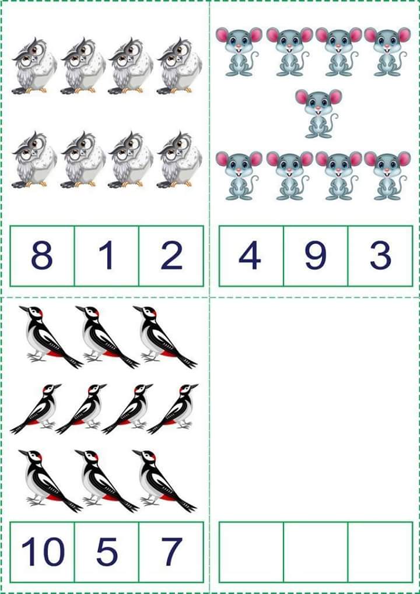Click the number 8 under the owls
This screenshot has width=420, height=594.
pyautogui.click(x=42, y=256)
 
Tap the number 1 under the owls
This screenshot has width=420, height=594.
pyautogui.click(x=106, y=256)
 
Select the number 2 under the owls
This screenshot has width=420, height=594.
pyautogui.click(x=171, y=256)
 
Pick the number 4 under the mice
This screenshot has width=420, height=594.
pyautogui.click(x=250, y=256)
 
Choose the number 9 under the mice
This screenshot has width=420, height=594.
pyautogui.click(x=315, y=256)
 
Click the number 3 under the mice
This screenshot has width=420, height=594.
pyautogui.click(x=380, y=256)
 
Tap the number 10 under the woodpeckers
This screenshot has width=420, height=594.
pyautogui.click(x=42, y=551)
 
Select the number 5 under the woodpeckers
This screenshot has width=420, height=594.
pyautogui.click(x=106, y=551)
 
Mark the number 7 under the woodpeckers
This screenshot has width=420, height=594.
pyautogui.click(x=171, y=551)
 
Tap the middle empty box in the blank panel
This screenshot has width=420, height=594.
pyautogui.click(x=315, y=551)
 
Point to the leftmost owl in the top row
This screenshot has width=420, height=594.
pyautogui.click(x=34, y=66)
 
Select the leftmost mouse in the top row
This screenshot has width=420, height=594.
pyautogui.click(x=238, y=51)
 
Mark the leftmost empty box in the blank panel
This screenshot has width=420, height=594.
pyautogui.click(x=251, y=551)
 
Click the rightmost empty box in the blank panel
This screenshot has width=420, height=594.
pyautogui.click(x=380, y=551)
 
